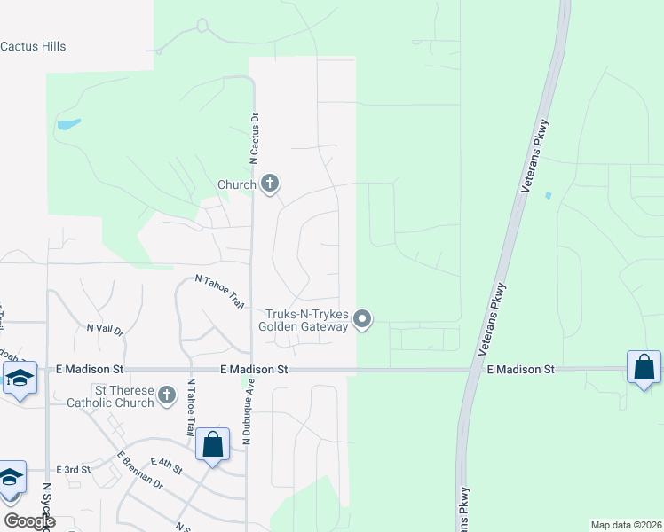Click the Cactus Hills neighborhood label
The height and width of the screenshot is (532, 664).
pyautogui.click(x=34, y=46)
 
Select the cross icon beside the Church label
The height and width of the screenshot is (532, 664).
pyautogui.click(x=271, y=184)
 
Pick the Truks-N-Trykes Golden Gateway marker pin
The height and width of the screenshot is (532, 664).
pyautogui.click(x=362, y=319)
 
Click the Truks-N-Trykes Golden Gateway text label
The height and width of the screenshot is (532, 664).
pyautogui.click(x=303, y=320)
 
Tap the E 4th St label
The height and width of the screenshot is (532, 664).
pyautogui.click(x=166, y=462)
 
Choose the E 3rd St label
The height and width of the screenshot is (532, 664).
pyautogui.click(x=73, y=469)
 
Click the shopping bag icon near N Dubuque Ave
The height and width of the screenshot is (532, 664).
pyautogui.click(x=213, y=444)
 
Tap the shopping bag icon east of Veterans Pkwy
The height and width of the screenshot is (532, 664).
pyautogui.click(x=644, y=368)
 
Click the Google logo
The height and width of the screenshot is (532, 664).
pyautogui.click(x=28, y=521)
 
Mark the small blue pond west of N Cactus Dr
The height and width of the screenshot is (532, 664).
pyautogui.click(x=69, y=124)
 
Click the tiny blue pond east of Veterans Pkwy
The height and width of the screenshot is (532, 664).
pyautogui.click(x=548, y=195)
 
